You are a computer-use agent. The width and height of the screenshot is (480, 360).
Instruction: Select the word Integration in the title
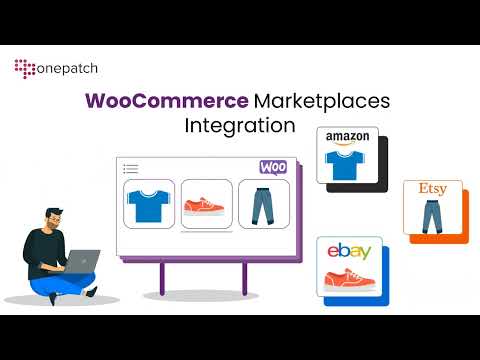point(240,127)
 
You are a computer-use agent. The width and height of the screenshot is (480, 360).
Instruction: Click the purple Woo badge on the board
point(272,167)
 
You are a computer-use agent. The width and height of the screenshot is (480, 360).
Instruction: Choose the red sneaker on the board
point(206,207)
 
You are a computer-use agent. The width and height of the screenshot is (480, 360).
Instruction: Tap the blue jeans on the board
point(263,206)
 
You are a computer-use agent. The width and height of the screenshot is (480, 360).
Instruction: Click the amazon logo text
point(347,137)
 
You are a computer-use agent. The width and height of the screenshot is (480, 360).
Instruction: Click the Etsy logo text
point(432,188)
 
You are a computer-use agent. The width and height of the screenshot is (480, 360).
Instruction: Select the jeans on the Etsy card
point(432,215)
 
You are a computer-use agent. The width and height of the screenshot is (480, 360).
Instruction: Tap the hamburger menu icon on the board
point(130,169)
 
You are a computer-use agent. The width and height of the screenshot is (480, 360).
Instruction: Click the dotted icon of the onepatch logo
point(24,68)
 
